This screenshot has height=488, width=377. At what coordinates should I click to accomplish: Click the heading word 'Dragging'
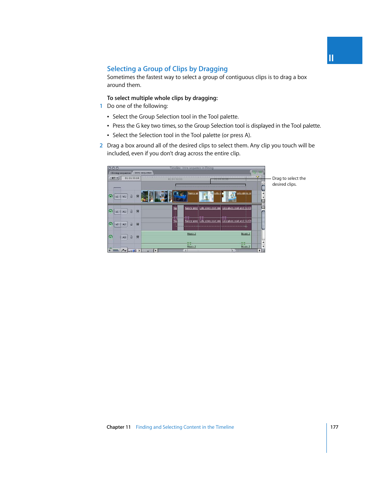tap(213, 69)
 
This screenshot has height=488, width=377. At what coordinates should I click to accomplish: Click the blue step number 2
tap(101, 145)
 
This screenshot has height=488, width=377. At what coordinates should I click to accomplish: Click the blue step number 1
tap(101, 106)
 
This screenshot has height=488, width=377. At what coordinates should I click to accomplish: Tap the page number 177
tap(334, 427)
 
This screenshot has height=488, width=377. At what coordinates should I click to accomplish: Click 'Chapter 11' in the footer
tap(119, 427)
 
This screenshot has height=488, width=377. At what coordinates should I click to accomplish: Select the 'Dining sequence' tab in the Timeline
tap(121, 173)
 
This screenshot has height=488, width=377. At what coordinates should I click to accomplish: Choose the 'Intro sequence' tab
tap(143, 173)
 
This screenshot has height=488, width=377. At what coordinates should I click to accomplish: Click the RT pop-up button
tap(115, 178)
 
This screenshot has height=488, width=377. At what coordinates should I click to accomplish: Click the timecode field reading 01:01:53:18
tap(132, 178)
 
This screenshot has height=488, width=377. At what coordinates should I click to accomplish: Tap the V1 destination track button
tap(124, 196)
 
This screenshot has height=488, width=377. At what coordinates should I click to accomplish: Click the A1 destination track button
tap(124, 211)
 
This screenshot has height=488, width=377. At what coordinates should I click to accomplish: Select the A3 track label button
tap(124, 237)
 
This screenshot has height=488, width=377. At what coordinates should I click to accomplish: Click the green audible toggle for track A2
tap(111, 224)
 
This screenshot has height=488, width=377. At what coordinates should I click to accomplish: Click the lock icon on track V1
tap(132, 196)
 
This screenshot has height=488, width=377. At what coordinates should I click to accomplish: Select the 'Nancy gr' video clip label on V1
tap(193, 193)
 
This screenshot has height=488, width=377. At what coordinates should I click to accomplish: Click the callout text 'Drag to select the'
tap(289, 179)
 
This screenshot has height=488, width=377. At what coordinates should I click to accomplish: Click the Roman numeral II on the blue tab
tap(331, 58)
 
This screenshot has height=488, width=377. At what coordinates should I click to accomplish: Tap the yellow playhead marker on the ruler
tap(258, 177)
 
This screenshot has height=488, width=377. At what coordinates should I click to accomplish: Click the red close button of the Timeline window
tap(110, 168)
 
